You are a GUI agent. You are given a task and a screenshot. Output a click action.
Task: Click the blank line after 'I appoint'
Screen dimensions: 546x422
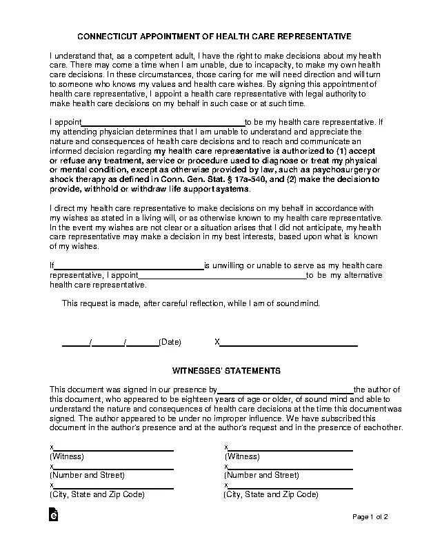[164, 121]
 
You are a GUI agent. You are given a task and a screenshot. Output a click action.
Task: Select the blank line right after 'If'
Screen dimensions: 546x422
[129, 265]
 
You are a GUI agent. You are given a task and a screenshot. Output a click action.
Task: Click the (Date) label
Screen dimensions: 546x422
[170, 342]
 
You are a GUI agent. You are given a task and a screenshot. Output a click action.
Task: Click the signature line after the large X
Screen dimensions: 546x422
[289, 342]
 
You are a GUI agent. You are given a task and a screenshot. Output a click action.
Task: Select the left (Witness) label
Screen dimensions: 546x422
[67, 456]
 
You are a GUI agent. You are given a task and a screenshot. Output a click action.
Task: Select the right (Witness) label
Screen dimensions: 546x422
[242, 456]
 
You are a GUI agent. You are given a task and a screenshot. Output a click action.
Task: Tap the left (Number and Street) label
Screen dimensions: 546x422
[87, 476]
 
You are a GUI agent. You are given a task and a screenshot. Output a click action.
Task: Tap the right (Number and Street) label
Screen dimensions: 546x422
[262, 476]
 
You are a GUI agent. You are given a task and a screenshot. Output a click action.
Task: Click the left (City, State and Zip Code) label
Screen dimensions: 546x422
[97, 495]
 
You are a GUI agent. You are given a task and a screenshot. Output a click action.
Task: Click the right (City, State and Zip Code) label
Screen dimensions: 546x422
[272, 495]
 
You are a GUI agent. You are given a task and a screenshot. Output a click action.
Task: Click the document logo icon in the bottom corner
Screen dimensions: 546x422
[53, 516]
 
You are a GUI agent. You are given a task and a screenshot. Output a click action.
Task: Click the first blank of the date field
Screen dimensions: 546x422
[76, 342]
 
